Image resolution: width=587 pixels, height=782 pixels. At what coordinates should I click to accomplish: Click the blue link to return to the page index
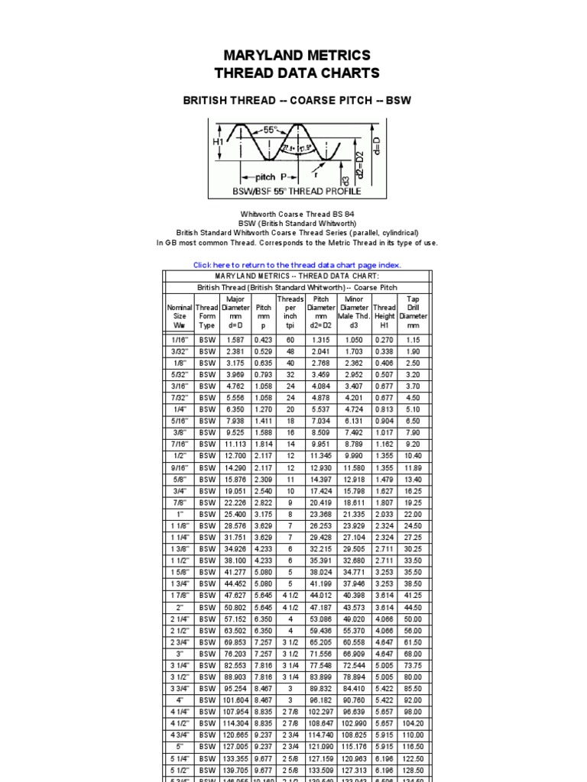coord(297,265)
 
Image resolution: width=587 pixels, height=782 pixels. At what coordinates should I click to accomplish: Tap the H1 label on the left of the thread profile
coord(218,142)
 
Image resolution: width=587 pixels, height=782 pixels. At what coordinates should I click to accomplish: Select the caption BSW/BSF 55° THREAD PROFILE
coord(297,191)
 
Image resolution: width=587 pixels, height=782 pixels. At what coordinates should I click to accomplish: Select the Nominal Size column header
coord(180,316)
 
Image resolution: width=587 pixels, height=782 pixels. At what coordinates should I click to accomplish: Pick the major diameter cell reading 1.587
coord(234,340)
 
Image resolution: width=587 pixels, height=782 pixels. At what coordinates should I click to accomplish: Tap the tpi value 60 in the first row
coord(290,340)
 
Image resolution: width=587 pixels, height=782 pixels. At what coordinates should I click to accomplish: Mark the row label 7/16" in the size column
coord(180,444)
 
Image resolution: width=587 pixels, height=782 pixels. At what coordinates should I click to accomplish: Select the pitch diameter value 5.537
coord(321,409)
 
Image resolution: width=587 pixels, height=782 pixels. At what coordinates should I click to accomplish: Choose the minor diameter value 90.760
coord(353,699)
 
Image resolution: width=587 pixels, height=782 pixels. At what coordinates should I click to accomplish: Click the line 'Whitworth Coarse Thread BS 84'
coord(297,215)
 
